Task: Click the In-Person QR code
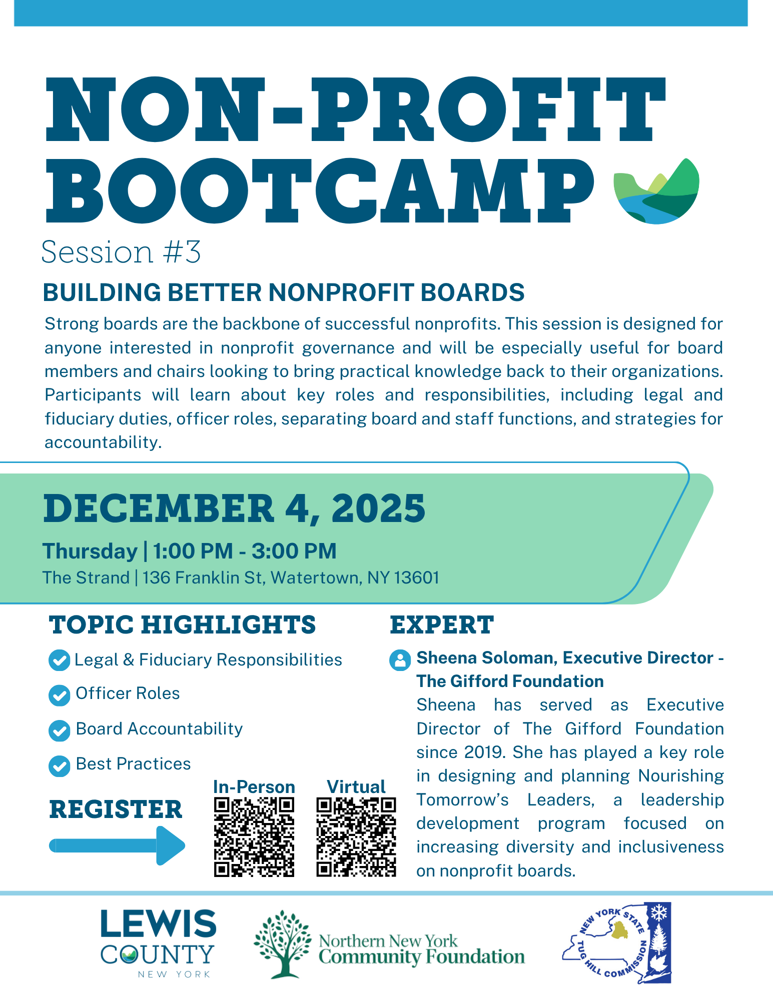click(x=254, y=837)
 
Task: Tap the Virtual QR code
click(x=356, y=837)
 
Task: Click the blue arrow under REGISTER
click(x=117, y=845)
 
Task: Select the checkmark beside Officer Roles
click(x=59, y=695)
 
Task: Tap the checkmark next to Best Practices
click(x=59, y=765)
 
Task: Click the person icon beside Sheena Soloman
click(x=400, y=660)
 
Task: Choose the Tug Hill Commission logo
click(x=616, y=943)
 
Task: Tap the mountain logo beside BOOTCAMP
click(x=656, y=191)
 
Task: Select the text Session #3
click(x=121, y=251)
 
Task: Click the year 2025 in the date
click(x=378, y=508)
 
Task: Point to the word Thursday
click(x=90, y=551)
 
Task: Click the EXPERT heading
click(x=442, y=625)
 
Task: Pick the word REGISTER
click(x=116, y=809)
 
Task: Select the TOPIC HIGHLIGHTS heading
click(x=183, y=625)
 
